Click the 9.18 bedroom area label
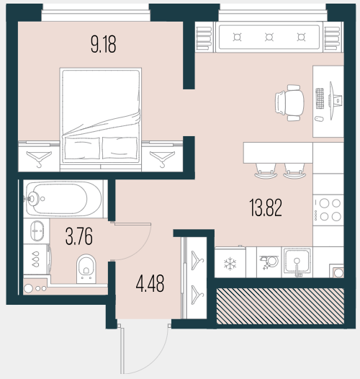104,44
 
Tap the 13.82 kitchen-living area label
266,208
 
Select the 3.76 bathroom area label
79,236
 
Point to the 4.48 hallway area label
150,283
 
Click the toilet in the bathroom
86,268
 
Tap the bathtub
63,199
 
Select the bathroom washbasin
37,231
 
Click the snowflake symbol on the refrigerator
230,264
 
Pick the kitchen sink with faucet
297,262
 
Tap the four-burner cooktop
328,210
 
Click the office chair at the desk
289,103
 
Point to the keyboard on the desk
320,99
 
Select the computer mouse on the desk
319,119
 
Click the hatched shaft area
280,306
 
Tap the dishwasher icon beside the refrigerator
269,262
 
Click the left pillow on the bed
82,148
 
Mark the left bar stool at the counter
266,171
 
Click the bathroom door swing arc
138,248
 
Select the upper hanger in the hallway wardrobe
197,260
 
